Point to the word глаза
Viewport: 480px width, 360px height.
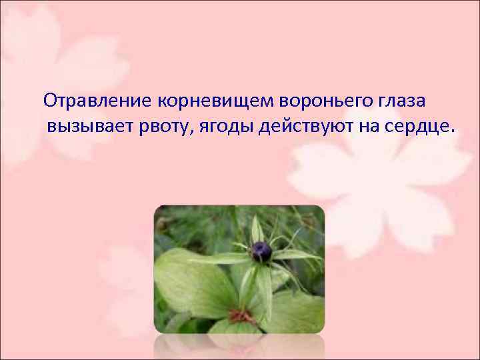[x=407, y=102]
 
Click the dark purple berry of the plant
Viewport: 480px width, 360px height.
[x=261, y=251]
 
